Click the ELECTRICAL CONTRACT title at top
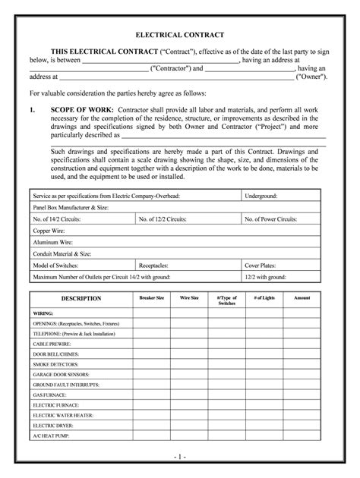coord(179,36)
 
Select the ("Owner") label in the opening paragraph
coord(312,77)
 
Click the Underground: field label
coord(261,196)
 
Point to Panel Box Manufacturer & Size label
coord(71,207)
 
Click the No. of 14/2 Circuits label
coord(57,219)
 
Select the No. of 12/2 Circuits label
coord(163,219)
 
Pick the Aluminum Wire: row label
coord(50,243)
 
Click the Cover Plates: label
coord(260,266)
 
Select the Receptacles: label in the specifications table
coord(154,266)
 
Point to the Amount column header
coord(302,297)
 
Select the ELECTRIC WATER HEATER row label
coord(63,415)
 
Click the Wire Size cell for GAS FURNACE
coord(189,395)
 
